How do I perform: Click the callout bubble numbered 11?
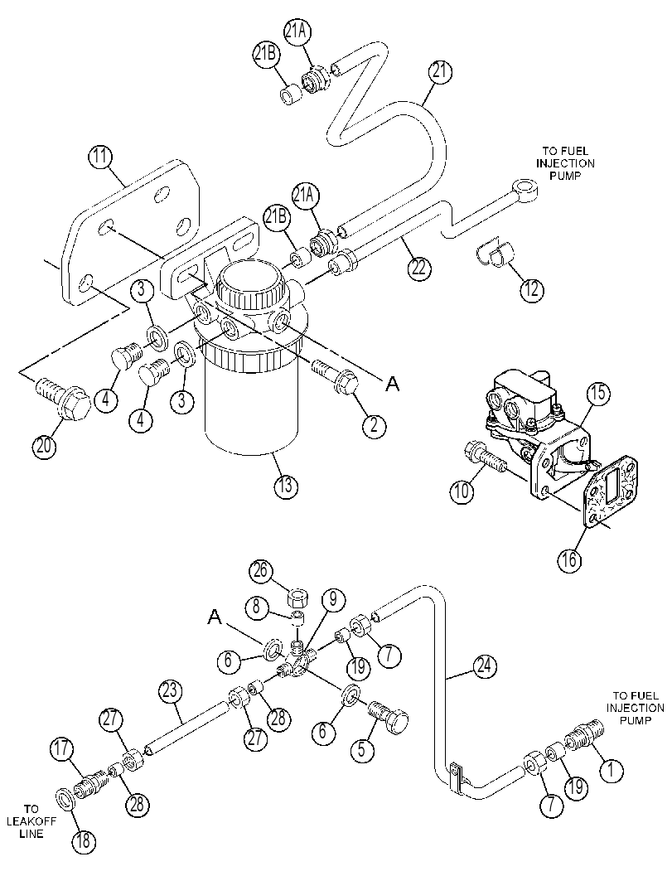[100, 158]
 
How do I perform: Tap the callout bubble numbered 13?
[285, 485]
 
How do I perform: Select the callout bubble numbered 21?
[440, 72]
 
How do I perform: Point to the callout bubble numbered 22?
[419, 268]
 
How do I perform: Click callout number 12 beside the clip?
[531, 288]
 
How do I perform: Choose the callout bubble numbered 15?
[597, 394]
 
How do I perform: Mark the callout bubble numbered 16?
[569, 559]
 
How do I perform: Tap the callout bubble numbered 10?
[463, 491]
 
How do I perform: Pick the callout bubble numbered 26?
[261, 571]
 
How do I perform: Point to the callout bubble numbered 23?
[171, 691]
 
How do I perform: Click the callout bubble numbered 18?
[83, 841]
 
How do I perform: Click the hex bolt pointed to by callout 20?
[63, 397]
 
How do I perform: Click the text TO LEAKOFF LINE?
[31, 821]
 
